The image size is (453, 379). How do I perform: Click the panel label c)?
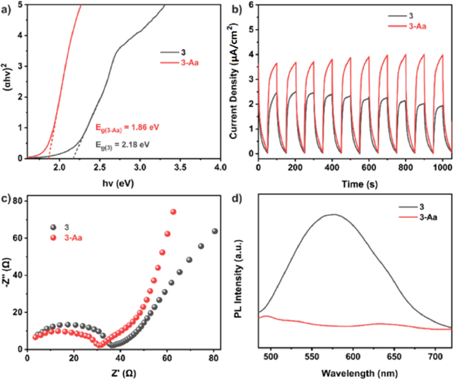(6, 197)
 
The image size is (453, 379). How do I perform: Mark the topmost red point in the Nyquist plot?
(173, 211)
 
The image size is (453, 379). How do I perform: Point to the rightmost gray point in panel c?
(215, 231)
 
